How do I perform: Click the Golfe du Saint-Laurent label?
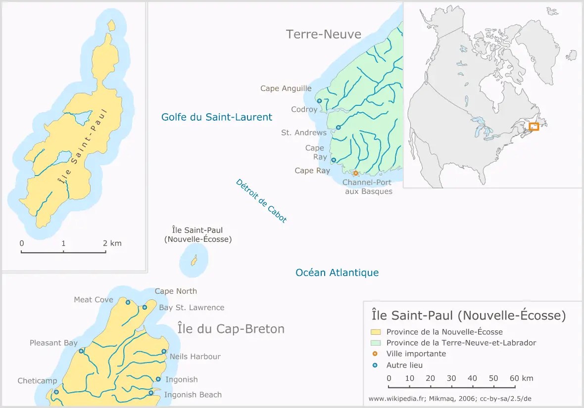pos(217,117)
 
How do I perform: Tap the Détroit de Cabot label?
pos(261,201)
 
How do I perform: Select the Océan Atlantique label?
pos(337,272)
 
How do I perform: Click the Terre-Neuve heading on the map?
pos(324,34)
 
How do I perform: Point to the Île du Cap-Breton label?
pos(231,329)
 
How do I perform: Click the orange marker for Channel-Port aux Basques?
pos(355,173)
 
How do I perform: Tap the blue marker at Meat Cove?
pos(128,302)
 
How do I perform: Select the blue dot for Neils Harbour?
pos(164,352)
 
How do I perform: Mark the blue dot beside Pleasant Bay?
pos(81,351)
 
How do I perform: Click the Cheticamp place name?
pos(37,381)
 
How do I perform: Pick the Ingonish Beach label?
pos(193,395)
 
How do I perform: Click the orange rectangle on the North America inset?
pos(534,127)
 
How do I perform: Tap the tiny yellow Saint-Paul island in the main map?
pos(194,260)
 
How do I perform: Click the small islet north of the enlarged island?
pos(111,25)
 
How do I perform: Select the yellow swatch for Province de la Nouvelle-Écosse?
pos(376,332)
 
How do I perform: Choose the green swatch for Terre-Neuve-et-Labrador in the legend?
pos(376,343)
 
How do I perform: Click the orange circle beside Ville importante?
pos(375,354)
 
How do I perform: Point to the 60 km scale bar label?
pos(521,378)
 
